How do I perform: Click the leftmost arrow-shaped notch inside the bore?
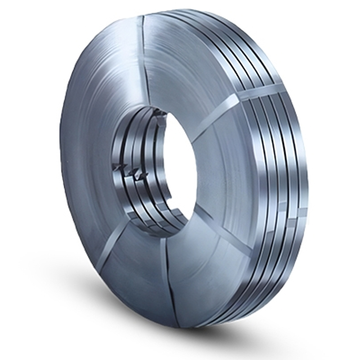click(x=121, y=167)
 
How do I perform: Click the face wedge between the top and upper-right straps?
click(x=189, y=72)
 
